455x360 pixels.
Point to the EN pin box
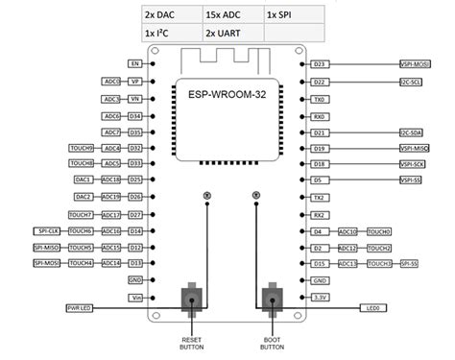[x=135, y=63]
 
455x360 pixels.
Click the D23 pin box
[x=320, y=64]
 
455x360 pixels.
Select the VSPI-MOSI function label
[x=415, y=64]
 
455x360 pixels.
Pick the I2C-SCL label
[x=414, y=83]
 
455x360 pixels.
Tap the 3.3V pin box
[x=320, y=298]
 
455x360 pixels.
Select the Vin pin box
[x=135, y=298]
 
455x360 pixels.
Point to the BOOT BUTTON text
[x=275, y=343]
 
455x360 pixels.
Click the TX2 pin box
[x=320, y=197]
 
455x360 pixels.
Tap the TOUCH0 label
[x=379, y=231]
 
